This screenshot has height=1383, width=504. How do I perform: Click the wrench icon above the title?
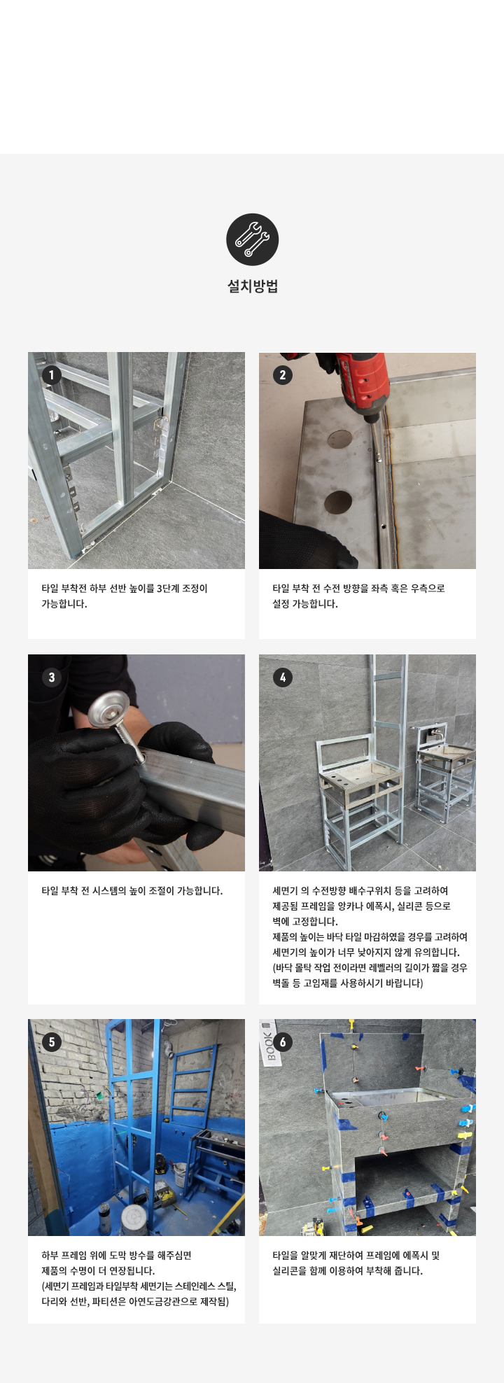tap(252, 239)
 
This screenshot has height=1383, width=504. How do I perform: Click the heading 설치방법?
tap(252, 286)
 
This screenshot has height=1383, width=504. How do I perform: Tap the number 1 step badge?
tap(52, 375)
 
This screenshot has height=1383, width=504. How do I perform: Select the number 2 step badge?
tap(283, 375)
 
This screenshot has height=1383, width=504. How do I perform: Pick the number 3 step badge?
tap(52, 678)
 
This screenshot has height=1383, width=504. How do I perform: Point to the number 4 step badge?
tap(283, 678)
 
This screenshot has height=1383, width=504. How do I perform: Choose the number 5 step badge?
tap(52, 1042)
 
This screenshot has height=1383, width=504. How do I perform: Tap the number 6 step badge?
tap(283, 1042)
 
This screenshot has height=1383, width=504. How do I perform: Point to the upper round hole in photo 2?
tap(340, 438)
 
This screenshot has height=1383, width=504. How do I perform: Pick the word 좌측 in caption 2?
tap(391, 589)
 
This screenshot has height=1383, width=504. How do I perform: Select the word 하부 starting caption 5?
tap(50, 1256)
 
